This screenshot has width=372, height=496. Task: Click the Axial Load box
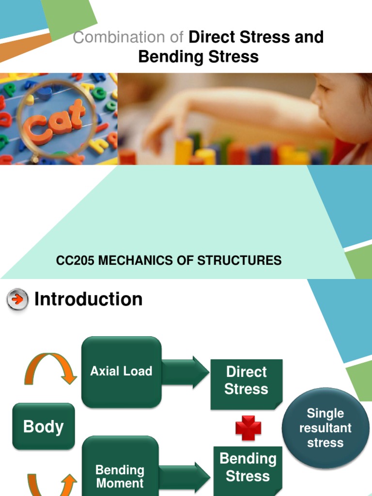point(121,372)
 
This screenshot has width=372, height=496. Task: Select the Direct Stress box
point(246,381)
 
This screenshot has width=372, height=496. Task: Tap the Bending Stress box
point(248,467)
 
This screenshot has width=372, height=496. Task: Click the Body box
point(44,426)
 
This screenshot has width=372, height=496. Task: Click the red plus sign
point(248,428)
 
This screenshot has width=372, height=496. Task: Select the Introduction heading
point(88,299)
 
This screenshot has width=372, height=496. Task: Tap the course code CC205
point(76,261)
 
